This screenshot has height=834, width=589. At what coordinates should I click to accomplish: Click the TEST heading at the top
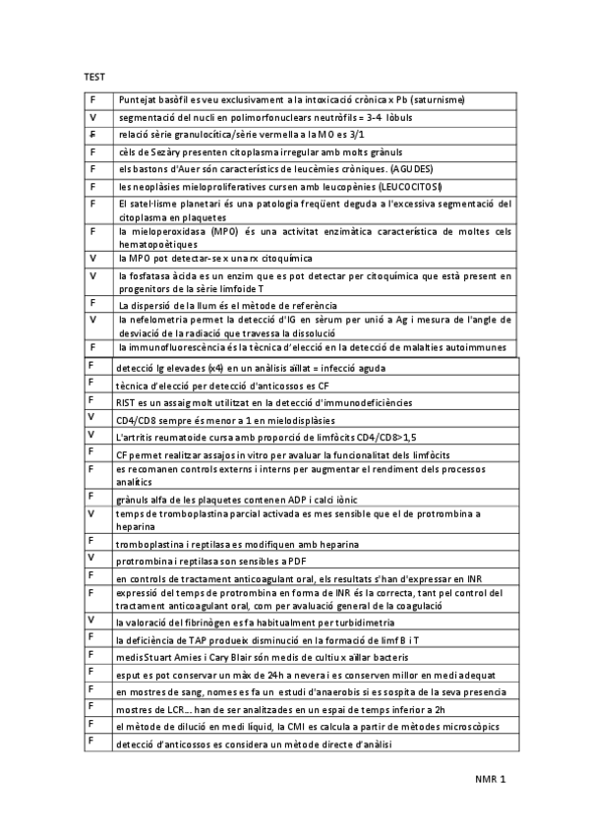click(x=94, y=77)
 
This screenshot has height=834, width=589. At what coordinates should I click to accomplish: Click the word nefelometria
click(x=155, y=320)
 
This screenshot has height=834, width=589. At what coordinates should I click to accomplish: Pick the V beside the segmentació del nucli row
click(x=92, y=117)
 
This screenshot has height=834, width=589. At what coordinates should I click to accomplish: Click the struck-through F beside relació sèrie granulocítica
click(x=92, y=134)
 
